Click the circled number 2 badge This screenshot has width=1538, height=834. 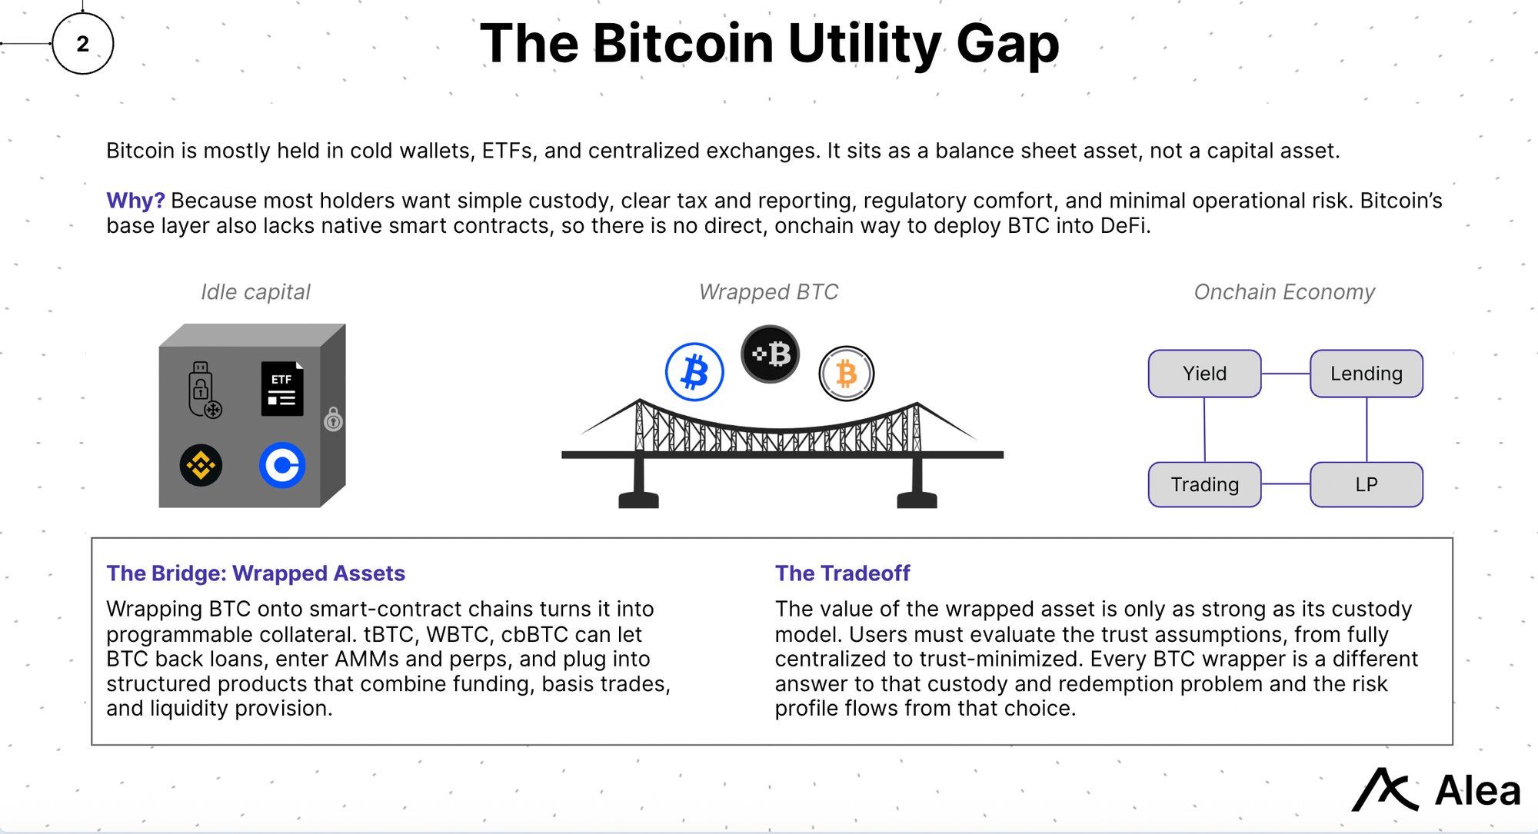click(x=83, y=44)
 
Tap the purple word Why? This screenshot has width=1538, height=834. click(x=135, y=201)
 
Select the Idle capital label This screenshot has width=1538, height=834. click(x=255, y=292)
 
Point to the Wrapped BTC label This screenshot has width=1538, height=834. click(x=768, y=292)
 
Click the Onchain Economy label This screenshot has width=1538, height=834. click(x=1283, y=292)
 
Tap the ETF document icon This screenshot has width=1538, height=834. click(x=282, y=389)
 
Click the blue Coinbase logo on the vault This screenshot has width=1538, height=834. click(x=282, y=465)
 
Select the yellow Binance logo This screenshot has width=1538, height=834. click(x=201, y=465)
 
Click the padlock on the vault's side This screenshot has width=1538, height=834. click(x=333, y=419)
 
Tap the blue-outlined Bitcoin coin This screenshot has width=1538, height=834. click(x=694, y=372)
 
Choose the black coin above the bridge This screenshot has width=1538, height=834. click(x=771, y=354)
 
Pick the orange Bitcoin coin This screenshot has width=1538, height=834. click(x=846, y=374)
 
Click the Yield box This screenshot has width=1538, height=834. click(x=1204, y=374)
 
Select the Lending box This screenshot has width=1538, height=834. click(x=1366, y=374)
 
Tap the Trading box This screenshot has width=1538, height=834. click(x=1204, y=484)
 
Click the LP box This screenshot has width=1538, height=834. click(x=1366, y=484)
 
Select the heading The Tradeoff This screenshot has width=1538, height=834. click(x=842, y=573)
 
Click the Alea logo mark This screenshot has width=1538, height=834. click(x=1384, y=789)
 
